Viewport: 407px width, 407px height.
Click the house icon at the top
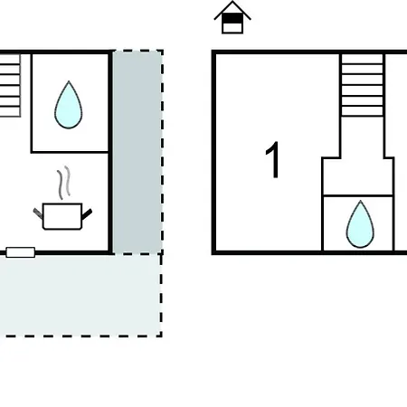[232, 17]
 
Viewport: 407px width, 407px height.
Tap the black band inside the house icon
[232, 19]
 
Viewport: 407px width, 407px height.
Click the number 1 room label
[272, 160]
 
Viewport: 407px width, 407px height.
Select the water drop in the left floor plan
[69, 105]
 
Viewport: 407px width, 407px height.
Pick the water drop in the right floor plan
[360, 224]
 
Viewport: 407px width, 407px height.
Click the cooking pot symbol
[62, 216]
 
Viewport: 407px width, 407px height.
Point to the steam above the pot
[64, 183]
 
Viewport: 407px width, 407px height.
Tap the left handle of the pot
[38, 213]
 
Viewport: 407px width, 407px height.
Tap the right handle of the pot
[87, 213]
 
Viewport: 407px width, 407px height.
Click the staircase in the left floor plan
[10, 85]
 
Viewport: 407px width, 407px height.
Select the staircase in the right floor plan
[363, 85]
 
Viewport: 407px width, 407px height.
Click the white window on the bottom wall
[21, 252]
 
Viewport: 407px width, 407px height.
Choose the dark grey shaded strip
[137, 152]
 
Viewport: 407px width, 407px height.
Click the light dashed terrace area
[80, 295]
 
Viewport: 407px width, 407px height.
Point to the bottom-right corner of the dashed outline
[162, 336]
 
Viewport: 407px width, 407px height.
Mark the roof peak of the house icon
[232, 2]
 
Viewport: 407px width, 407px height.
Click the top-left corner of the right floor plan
[213, 52]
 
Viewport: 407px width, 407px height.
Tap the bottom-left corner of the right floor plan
[213, 252]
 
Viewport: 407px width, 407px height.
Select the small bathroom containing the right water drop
[358, 223]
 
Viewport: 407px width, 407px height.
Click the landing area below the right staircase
[358, 176]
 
